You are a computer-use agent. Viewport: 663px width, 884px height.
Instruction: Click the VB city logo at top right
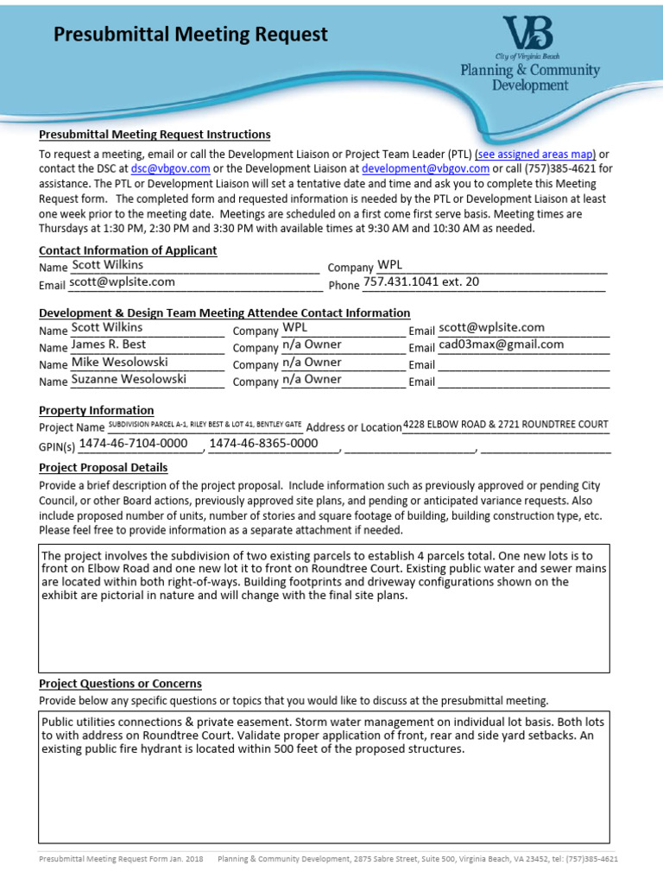tap(528, 35)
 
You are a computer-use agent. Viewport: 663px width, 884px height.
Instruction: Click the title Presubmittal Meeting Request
tap(191, 35)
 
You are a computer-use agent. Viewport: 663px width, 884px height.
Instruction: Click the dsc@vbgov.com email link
tap(170, 168)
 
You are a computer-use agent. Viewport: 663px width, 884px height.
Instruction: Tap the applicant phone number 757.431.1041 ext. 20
tap(421, 282)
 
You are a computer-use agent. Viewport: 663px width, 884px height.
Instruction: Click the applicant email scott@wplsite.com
tap(123, 282)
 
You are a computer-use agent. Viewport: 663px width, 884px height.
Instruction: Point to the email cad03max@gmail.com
tap(501, 344)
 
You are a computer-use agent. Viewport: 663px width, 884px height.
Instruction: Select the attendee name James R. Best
tap(107, 344)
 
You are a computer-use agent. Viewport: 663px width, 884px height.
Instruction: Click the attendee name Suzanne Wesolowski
tap(129, 379)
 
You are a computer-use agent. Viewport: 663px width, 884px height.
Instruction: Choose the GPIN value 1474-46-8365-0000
tap(264, 444)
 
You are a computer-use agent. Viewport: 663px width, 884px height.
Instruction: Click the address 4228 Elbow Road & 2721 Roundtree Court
tap(506, 425)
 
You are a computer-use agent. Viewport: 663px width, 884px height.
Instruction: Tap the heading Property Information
tap(97, 410)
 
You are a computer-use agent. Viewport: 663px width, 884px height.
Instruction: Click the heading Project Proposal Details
tap(104, 468)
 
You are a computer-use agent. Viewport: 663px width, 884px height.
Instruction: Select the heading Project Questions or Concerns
tap(120, 684)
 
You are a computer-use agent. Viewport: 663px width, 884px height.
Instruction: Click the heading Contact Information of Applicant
tap(128, 250)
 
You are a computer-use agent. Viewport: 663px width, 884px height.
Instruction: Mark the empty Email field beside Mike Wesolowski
tap(523, 364)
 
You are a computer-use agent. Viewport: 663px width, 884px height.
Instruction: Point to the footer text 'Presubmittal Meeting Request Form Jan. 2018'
tap(120, 859)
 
